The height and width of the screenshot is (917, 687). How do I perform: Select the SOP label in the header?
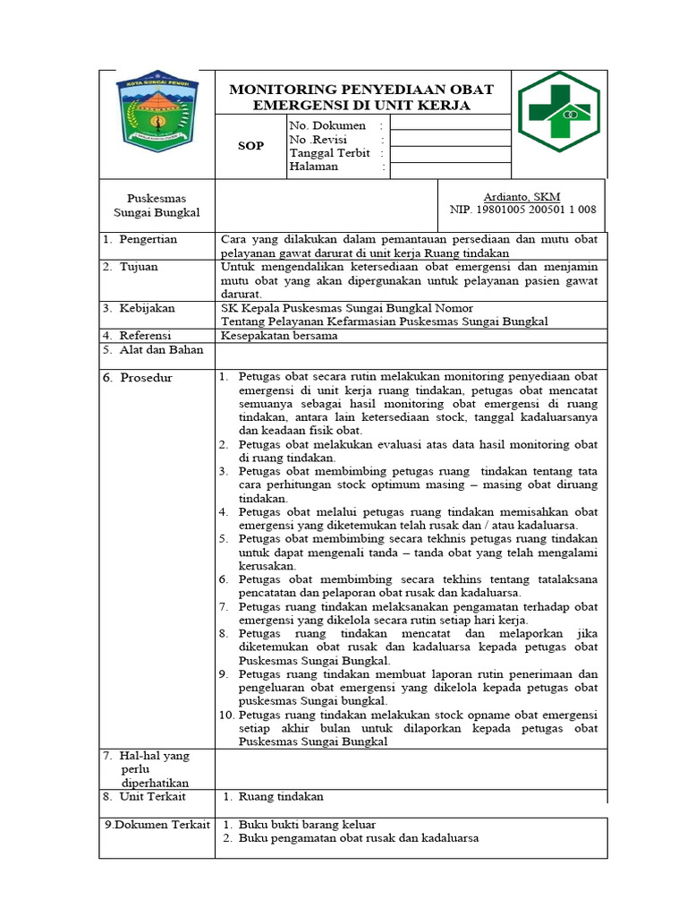250,145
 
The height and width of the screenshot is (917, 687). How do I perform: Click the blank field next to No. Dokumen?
450,126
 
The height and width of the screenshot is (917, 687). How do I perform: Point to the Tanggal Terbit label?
327,153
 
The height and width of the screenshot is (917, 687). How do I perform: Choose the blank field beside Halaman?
450,167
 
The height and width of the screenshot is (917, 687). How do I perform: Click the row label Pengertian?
148,239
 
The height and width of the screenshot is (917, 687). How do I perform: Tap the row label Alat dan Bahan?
154,350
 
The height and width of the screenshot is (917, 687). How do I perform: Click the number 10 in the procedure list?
226,716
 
